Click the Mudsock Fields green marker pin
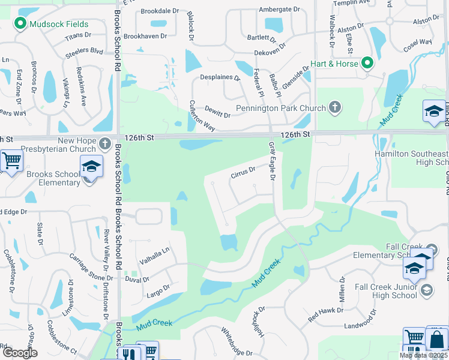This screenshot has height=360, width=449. click(20, 24)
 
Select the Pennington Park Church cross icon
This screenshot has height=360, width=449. click(335, 108)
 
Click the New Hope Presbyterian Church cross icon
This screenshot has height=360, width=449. click(105, 143)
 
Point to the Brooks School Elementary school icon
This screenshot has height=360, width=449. click(92, 166)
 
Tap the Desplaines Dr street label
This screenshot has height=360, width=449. click(219, 78)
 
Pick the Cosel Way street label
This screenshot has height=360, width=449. click(418, 43)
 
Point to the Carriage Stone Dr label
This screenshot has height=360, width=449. click(91, 267)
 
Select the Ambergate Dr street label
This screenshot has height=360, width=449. click(279, 10)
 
